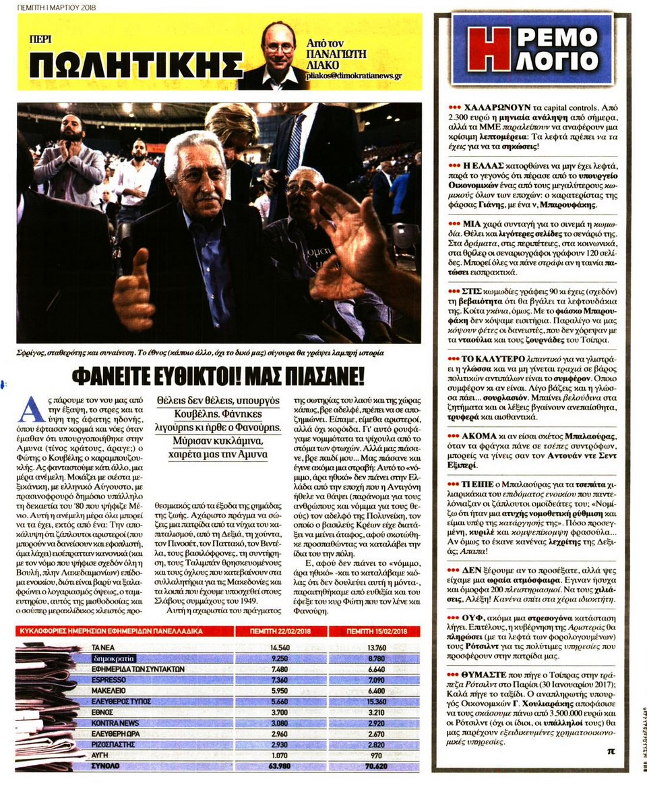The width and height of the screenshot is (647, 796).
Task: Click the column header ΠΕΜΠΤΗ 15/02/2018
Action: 375,631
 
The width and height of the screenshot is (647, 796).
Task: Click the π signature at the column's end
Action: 611,754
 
